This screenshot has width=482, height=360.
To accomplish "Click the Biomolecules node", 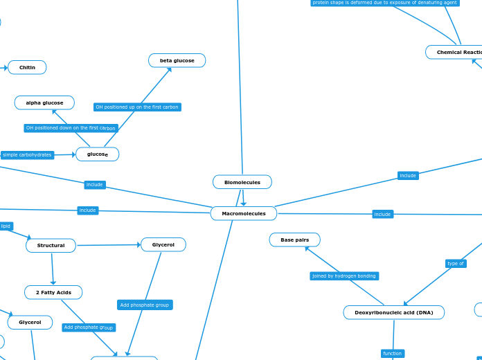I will (x=242, y=182).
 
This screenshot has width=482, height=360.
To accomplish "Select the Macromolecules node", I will (x=243, y=214).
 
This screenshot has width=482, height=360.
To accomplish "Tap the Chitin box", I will (x=27, y=67).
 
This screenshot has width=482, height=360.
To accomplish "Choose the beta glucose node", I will (x=177, y=61).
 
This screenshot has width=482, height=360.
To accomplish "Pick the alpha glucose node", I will (x=44, y=103).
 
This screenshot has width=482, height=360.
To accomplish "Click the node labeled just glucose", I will (x=97, y=154).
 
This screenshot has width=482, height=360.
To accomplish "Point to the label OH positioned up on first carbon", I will (x=137, y=107).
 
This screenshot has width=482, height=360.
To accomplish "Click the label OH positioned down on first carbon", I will (x=71, y=128).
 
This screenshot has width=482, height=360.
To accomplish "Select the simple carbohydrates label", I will (x=27, y=155).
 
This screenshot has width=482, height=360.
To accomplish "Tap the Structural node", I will (x=51, y=246).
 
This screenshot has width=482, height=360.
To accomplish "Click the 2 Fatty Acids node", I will (x=53, y=293).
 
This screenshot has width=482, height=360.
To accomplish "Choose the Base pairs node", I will (x=294, y=240).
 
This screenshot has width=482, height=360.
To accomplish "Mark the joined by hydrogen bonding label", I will (x=344, y=276).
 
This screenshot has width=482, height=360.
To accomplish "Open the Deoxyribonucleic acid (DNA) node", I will (x=393, y=313).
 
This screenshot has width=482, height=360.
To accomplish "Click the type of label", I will (x=456, y=264).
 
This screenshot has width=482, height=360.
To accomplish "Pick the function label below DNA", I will (x=392, y=354).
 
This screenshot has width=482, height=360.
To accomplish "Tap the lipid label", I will (x=6, y=226).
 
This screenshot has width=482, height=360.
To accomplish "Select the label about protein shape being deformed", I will (x=385, y=3).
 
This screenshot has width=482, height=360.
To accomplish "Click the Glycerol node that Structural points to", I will (x=163, y=245).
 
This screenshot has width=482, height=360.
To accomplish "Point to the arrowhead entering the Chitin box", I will (x=5, y=67).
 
